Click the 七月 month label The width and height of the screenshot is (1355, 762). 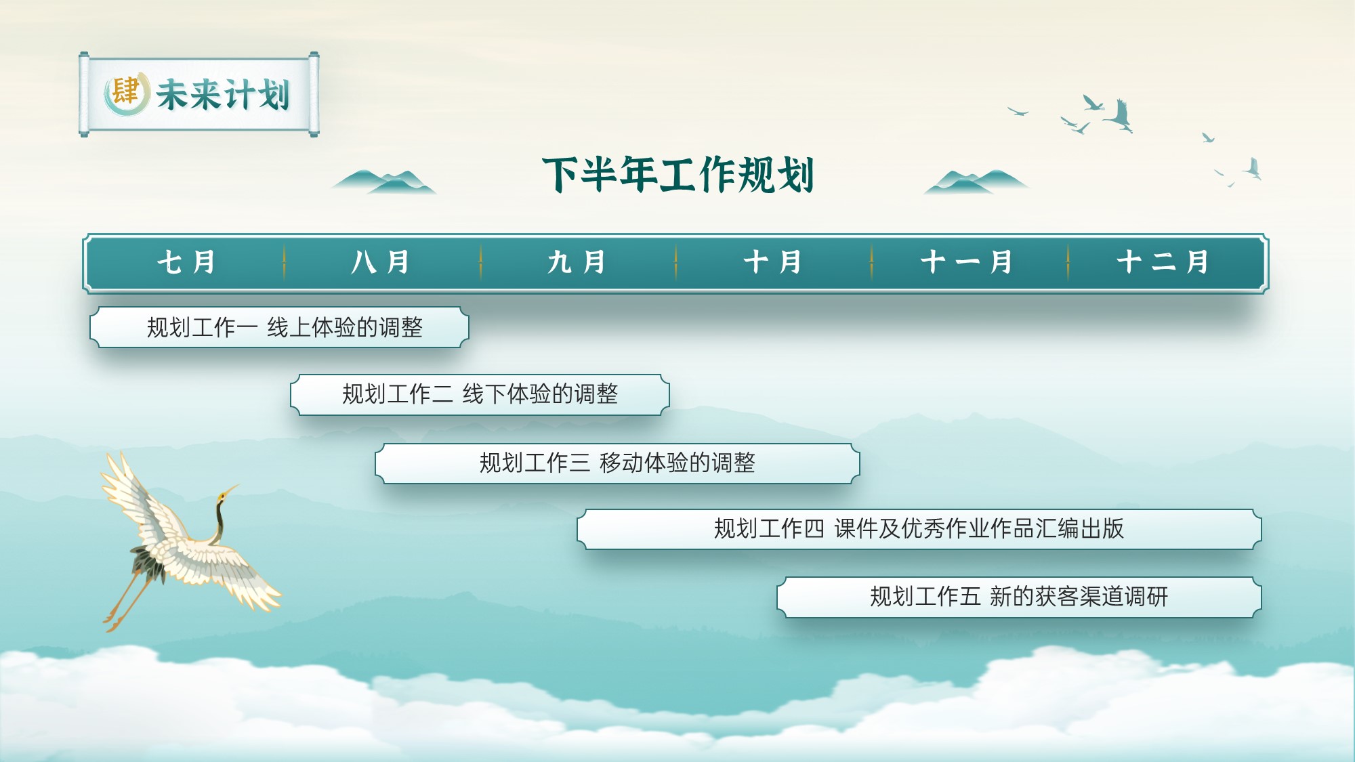186,262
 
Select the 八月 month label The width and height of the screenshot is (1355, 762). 381,262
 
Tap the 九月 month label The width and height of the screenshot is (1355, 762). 577,262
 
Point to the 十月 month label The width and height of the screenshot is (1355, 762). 772,262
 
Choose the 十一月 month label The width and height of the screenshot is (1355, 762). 967,262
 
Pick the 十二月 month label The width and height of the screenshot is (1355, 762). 1163,262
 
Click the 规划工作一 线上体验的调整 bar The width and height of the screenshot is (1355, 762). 279,327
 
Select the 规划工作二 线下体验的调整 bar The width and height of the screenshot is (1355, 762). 480,394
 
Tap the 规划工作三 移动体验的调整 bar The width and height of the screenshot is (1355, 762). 617,463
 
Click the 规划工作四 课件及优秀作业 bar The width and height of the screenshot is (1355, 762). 919,529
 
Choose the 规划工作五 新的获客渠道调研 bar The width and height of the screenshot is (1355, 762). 1019,597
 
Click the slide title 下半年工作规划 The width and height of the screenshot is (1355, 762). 678,175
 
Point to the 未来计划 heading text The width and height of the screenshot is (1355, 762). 223,94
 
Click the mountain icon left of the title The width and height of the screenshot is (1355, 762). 383,182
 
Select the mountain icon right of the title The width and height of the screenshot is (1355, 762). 976,182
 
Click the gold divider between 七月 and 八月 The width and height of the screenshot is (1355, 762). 284,262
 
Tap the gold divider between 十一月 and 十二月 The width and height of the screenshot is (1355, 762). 1068,262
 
